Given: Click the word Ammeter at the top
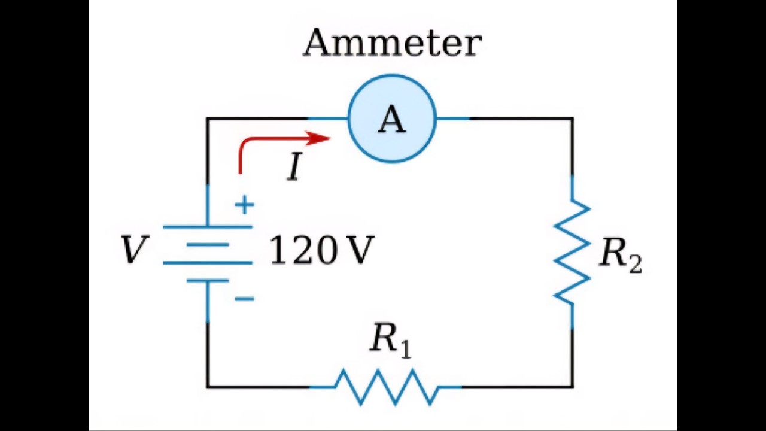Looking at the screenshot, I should pyautogui.click(x=392, y=43).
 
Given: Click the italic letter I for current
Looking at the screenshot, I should pyautogui.click(x=294, y=167).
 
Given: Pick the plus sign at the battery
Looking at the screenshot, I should pyautogui.click(x=244, y=205).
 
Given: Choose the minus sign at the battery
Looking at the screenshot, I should pyautogui.click(x=244, y=298).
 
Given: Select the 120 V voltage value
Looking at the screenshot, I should pyautogui.click(x=321, y=250).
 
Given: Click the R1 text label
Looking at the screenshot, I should pyautogui.click(x=390, y=339).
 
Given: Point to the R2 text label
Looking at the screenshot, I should pyautogui.click(x=620, y=254).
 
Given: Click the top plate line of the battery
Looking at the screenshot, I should pyautogui.click(x=207, y=227).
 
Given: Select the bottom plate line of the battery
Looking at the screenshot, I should pyautogui.click(x=207, y=280).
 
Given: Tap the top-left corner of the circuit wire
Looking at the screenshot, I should pyautogui.click(x=208, y=119).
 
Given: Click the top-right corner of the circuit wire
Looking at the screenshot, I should pyautogui.click(x=572, y=119).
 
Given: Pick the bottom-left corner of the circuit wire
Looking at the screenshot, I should pyautogui.click(x=208, y=387).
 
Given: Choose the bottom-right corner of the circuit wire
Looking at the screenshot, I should pyautogui.click(x=572, y=387).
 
